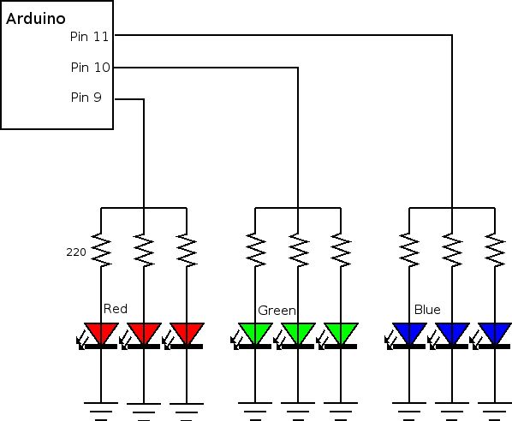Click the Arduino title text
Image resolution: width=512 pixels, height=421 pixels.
coord(36,19)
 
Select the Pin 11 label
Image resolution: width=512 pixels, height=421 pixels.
coord(89,37)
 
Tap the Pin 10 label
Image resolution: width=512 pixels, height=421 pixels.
coord(91,68)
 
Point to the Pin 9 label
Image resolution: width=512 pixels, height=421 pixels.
coord(86,98)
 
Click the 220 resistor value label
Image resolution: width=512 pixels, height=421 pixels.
coord(76,252)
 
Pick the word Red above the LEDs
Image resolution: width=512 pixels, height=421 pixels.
coord(116,309)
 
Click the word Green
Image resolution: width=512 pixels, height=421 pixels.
coord(277,311)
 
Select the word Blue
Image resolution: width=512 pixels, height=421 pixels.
coord(427,310)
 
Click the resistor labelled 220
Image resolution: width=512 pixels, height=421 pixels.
coord(101,250)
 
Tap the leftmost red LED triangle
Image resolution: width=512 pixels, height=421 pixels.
coord(101,333)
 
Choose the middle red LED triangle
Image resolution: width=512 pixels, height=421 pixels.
coord(144,333)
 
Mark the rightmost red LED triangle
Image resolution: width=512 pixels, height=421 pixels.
coord(187,333)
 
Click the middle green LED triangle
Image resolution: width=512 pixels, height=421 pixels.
coord(298,333)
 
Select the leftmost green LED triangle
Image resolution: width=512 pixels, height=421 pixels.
coord(255,333)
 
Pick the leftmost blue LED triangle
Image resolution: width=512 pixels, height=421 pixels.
coord(409,333)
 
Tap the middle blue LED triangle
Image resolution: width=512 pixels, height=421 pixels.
coord(452,333)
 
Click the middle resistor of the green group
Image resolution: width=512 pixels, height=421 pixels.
coord(298,250)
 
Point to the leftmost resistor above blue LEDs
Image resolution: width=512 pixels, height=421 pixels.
coord(409,250)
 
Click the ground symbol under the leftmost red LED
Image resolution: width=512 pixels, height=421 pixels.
coord(101,412)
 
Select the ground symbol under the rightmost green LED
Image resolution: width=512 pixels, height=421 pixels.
coord(341,412)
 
